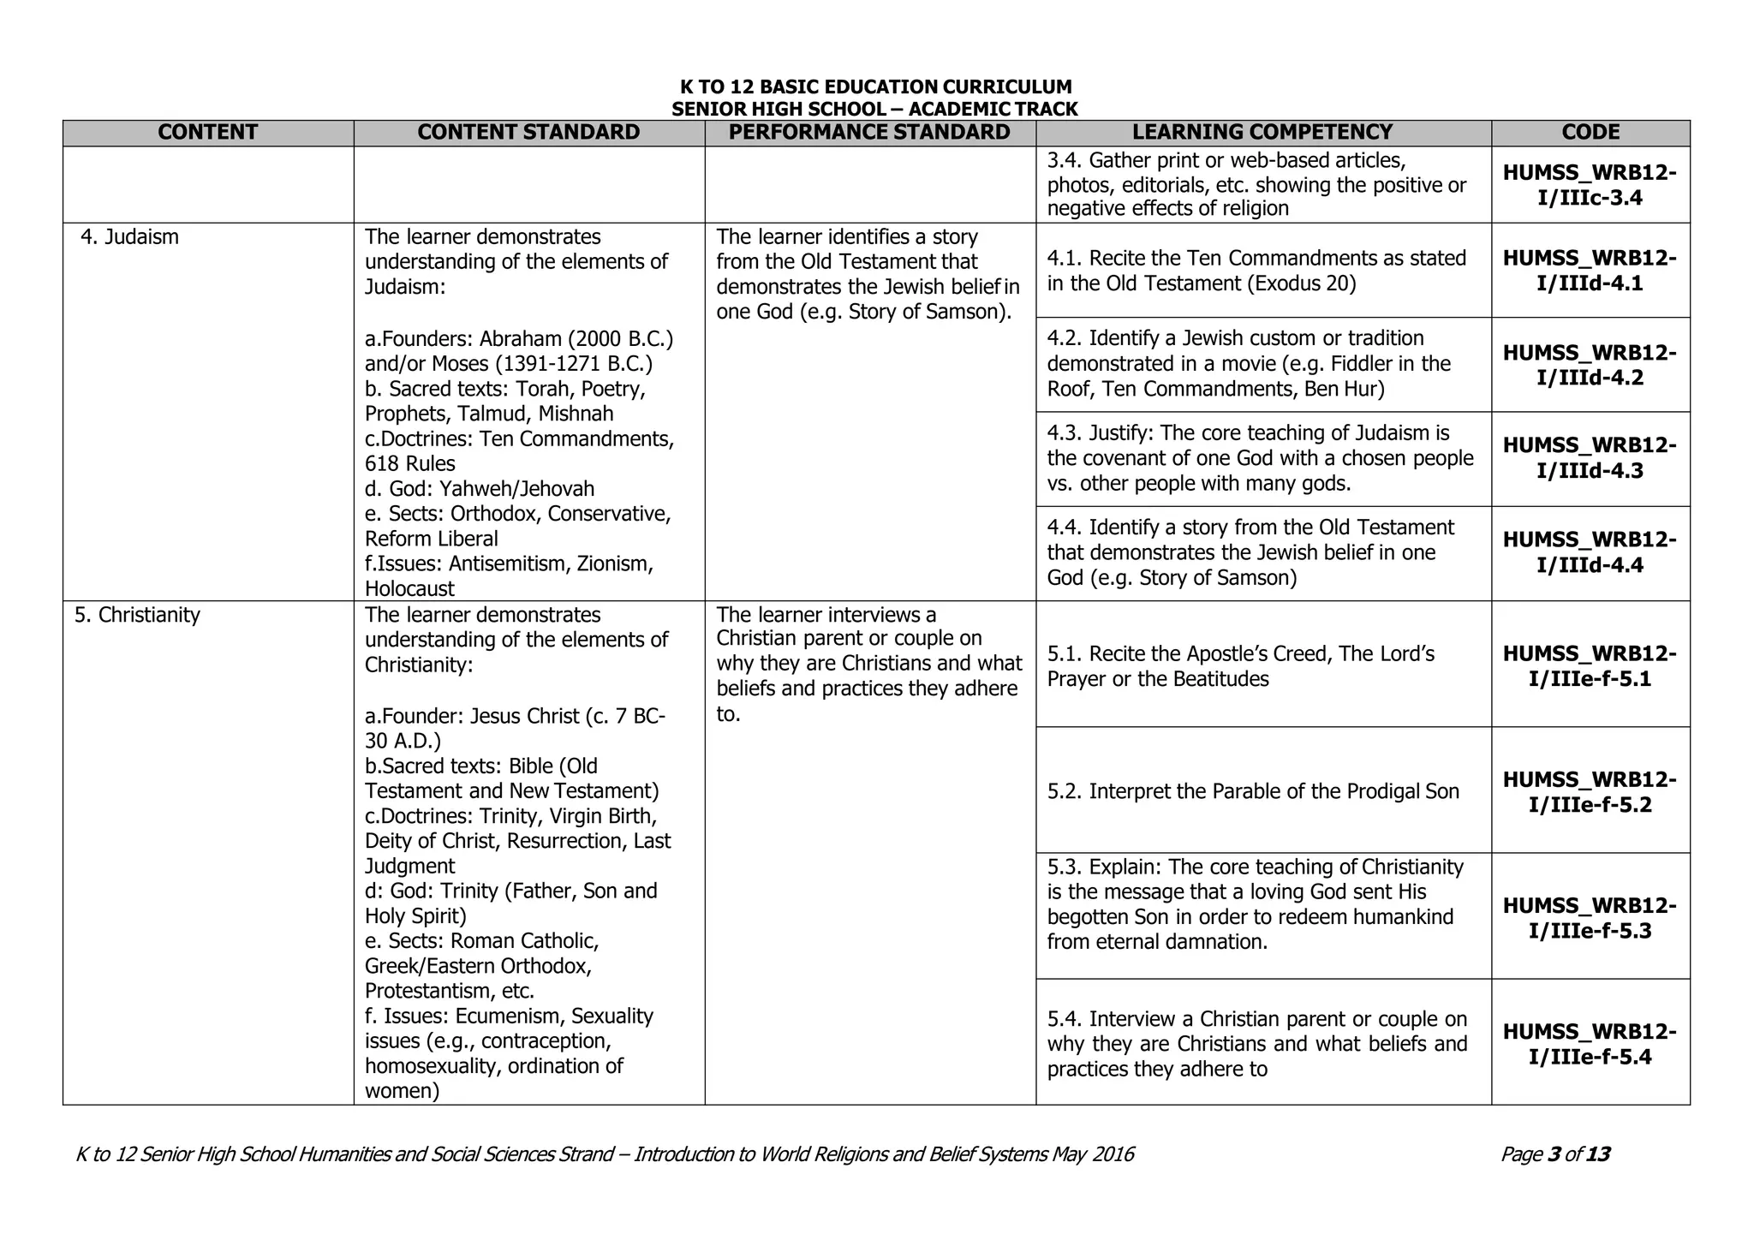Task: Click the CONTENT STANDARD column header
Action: [528, 132]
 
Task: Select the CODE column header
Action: [1590, 132]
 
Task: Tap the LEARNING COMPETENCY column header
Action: [1262, 132]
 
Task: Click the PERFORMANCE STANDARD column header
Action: [869, 132]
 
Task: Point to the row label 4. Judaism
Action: [130, 237]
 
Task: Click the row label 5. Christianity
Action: [137, 615]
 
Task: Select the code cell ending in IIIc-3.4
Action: [1590, 185]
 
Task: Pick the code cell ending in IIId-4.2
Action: [1590, 365]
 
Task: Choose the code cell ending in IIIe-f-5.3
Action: [1590, 917]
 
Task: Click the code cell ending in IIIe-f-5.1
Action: [1590, 666]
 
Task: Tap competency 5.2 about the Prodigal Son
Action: [1252, 791]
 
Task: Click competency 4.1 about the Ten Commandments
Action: [1256, 271]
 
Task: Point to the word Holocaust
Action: [409, 589]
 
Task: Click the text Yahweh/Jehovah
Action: [517, 489]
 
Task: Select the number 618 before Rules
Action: [382, 464]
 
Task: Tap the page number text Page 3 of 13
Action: [1554, 1154]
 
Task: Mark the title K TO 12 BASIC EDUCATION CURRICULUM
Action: [875, 86]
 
